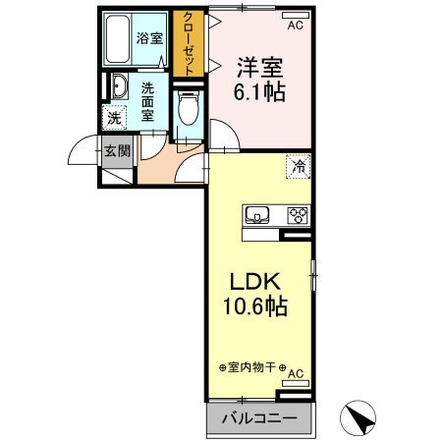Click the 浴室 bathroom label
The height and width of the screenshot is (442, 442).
coord(149,39)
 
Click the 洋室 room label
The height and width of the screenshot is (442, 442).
coord(258,69)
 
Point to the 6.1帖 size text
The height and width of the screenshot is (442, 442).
coord(259,95)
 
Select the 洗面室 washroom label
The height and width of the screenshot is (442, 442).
coord(148,101)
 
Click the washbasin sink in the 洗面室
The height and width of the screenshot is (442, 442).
coord(117,87)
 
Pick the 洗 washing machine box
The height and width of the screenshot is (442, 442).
coord(115,118)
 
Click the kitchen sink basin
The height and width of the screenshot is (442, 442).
coord(257,215)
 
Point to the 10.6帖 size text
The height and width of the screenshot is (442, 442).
coord(253,307)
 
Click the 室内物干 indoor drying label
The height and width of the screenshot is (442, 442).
coord(251,369)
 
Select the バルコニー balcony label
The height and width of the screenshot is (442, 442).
coord(258,419)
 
